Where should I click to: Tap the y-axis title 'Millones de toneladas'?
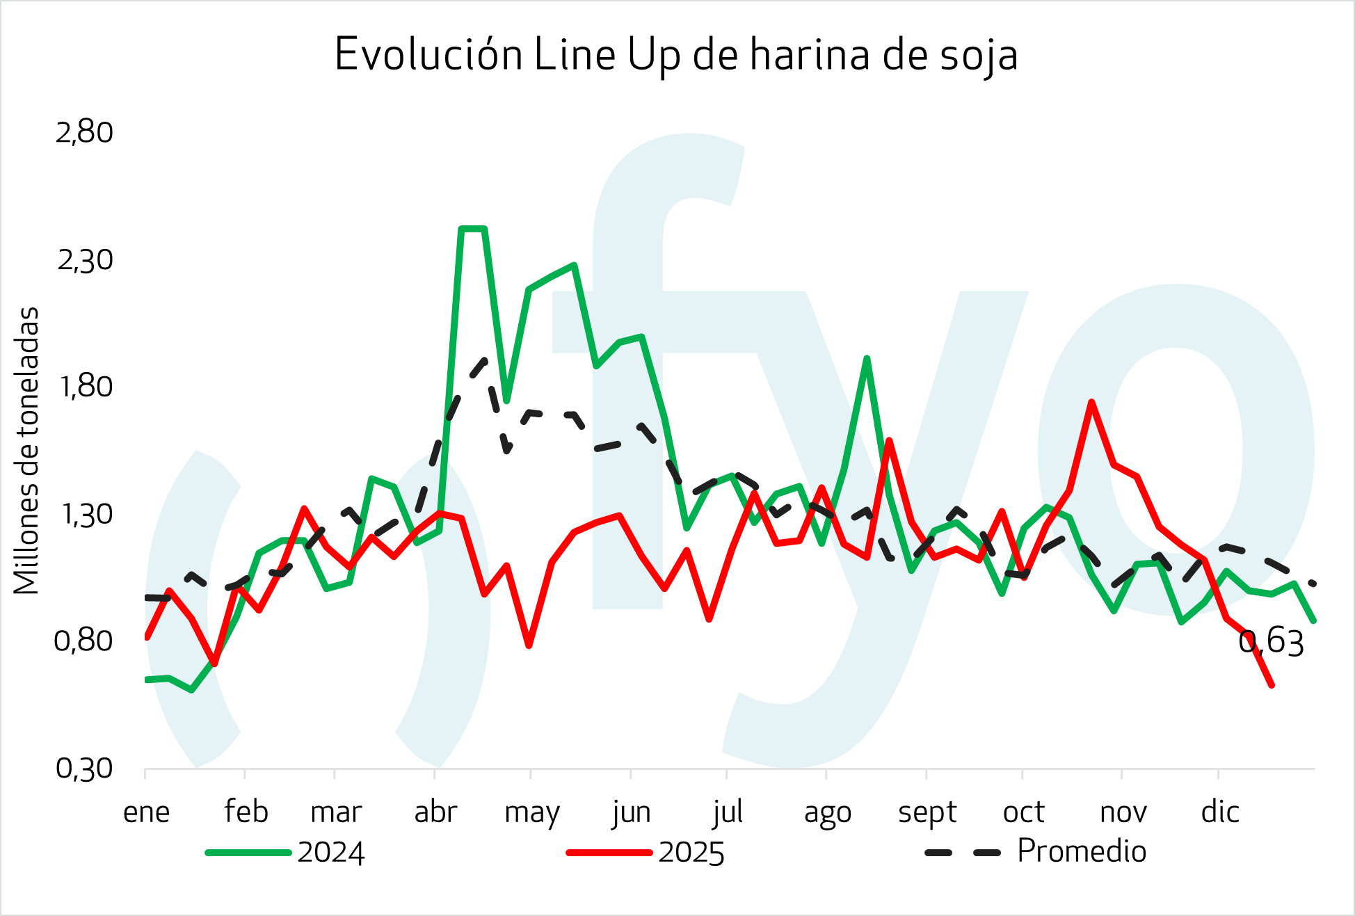point(26,451)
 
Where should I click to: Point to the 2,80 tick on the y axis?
point(84,132)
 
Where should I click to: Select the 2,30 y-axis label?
point(84,260)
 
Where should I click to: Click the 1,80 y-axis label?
point(84,387)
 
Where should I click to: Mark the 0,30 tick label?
point(84,769)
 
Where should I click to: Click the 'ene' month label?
point(146,812)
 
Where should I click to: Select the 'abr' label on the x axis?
point(435,812)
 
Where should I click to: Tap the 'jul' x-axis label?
point(728,812)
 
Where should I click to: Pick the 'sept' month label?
point(927,812)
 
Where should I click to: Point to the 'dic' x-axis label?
point(1220,812)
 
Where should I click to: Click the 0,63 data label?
point(1271,642)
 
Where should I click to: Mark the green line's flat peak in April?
point(473,229)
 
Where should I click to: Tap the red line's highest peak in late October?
point(1092,402)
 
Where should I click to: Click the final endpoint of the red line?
point(1272,685)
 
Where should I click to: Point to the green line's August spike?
point(867,359)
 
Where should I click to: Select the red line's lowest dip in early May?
point(529,645)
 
